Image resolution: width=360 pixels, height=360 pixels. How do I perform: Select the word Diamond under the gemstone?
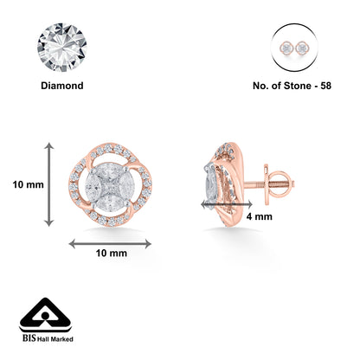[61, 87]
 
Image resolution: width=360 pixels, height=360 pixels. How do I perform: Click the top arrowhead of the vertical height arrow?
[48, 147]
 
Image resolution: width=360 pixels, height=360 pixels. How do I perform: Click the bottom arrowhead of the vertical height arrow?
[48, 222]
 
